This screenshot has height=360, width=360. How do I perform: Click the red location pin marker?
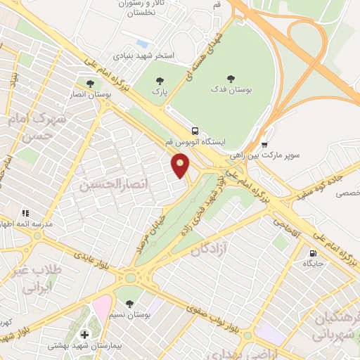coord(181,166)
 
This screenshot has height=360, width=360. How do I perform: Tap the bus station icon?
coord(195,130)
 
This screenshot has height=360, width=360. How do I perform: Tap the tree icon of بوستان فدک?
coord(231,79)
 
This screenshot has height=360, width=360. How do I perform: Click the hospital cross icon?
coord(85,334)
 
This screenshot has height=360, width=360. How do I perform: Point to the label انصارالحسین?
coord(105,187)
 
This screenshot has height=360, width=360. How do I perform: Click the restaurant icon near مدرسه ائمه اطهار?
coord(25,212)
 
